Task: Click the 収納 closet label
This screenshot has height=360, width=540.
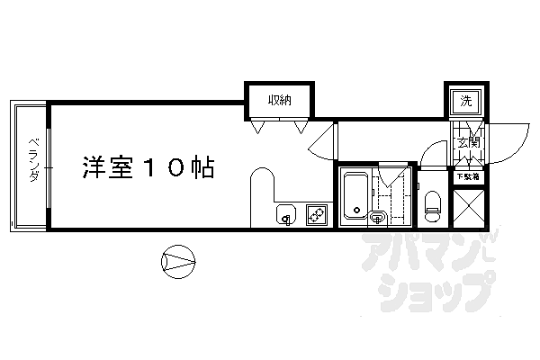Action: (x=277, y=101)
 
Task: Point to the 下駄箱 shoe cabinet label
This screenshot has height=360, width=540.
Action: (x=466, y=176)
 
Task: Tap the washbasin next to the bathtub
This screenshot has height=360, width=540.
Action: (x=377, y=215)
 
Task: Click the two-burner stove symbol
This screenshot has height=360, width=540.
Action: (x=317, y=215)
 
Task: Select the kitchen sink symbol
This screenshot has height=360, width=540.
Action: (x=285, y=215)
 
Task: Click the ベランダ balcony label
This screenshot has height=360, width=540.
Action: (x=31, y=160)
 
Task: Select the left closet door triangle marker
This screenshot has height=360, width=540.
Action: (x=257, y=128)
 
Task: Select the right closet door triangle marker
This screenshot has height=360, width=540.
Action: (x=300, y=128)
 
